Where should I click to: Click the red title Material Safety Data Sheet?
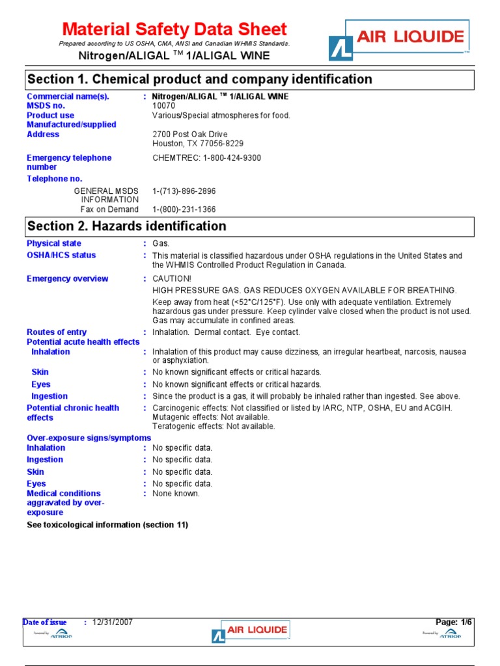tap(174, 29)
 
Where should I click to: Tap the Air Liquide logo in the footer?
tap(251, 631)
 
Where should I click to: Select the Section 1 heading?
tap(199, 79)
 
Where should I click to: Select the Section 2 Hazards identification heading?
tap(126, 226)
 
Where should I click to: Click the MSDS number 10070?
tap(163, 105)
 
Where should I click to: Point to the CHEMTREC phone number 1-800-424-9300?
tap(206, 158)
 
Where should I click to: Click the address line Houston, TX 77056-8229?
tap(198, 143)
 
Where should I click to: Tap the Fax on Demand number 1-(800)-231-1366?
tap(184, 209)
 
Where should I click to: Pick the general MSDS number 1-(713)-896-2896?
tap(184, 191)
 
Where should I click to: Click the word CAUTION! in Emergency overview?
tap(172, 279)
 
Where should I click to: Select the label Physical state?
tap(54, 243)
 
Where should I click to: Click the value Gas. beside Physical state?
tap(161, 243)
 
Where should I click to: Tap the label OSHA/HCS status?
tap(61, 255)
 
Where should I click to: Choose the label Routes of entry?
tap(57, 332)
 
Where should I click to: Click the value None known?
tap(176, 494)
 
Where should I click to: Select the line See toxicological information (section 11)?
tap(107, 525)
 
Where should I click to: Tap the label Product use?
tap(51, 115)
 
